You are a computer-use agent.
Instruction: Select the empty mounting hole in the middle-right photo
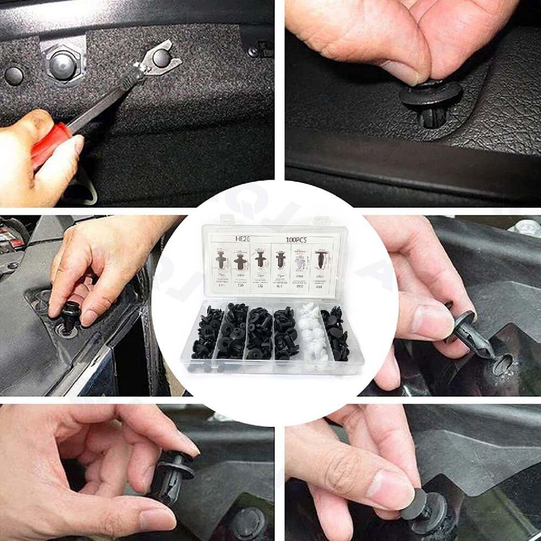[503, 364]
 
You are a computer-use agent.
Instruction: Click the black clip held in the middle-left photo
[71, 316]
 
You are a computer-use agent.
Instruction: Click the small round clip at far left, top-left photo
[14, 75]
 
